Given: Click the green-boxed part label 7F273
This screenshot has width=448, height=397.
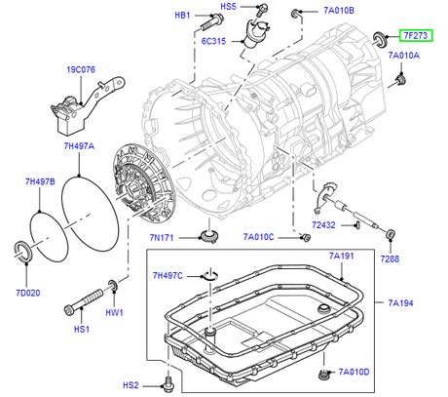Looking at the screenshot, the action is (x=416, y=35).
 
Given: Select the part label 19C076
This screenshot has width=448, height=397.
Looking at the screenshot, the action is (x=81, y=69).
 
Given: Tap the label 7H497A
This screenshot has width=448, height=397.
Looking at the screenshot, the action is (x=79, y=146).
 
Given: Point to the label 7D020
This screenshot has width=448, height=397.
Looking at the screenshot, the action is (x=28, y=293).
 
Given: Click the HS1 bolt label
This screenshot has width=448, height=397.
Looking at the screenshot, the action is (x=82, y=329).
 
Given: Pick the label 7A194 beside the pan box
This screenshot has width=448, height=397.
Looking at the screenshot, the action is (x=400, y=303).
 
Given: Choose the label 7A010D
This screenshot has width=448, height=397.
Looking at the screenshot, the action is (x=354, y=372).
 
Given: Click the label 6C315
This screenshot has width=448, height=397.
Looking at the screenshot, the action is (x=213, y=41).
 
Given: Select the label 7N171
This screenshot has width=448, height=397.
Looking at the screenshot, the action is (x=162, y=238).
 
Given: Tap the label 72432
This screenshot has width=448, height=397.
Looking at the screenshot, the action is (x=323, y=225).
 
